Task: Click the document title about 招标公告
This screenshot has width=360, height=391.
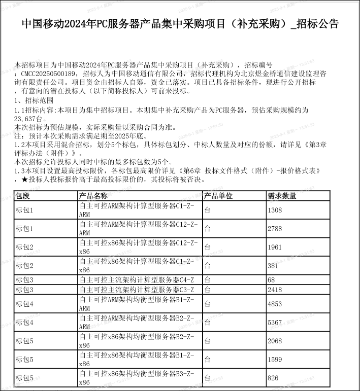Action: click(x=180, y=24)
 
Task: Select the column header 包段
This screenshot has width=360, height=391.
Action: click(x=23, y=196)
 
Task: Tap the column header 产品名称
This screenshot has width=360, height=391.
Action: click(x=93, y=196)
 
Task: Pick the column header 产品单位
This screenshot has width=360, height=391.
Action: click(x=218, y=196)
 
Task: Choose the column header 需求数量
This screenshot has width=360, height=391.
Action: click(x=282, y=196)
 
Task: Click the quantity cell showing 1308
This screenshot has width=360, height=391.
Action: click(x=275, y=210)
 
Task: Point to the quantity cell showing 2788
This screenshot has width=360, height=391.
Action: click(x=275, y=229)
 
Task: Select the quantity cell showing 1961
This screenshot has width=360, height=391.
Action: click(x=275, y=247)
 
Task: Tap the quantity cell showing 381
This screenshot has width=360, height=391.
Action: click(x=273, y=265)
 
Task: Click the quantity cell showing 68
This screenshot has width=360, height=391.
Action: click(x=272, y=280)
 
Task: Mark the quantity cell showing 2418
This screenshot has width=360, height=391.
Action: click(x=275, y=290)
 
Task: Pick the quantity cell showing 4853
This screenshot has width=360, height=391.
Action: click(x=275, y=304)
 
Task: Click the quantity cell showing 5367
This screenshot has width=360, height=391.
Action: click(x=275, y=323)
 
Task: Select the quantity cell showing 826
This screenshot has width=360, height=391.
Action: click(x=273, y=378)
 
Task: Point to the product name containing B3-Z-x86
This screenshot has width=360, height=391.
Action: click(x=138, y=378)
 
